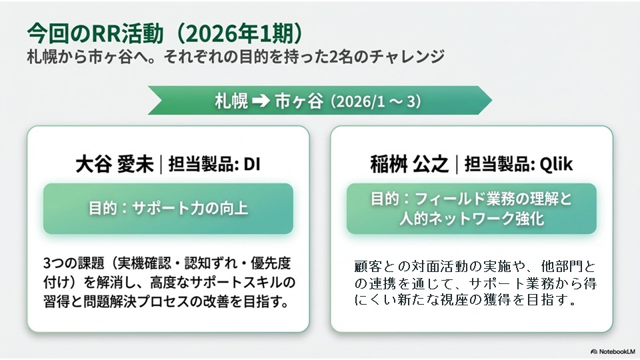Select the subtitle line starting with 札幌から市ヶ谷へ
point(235,56)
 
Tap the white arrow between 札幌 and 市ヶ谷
point(261,101)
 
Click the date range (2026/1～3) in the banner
point(375,101)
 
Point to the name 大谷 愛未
point(114,164)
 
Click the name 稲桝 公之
point(409,164)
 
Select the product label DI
point(252,164)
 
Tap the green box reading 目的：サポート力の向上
point(168,209)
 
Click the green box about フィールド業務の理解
point(471,209)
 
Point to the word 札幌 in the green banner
point(231,101)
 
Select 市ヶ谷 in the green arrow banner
point(299,101)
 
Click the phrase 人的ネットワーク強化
point(471,219)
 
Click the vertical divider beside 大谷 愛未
point(161,164)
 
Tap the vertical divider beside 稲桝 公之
point(456,164)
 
